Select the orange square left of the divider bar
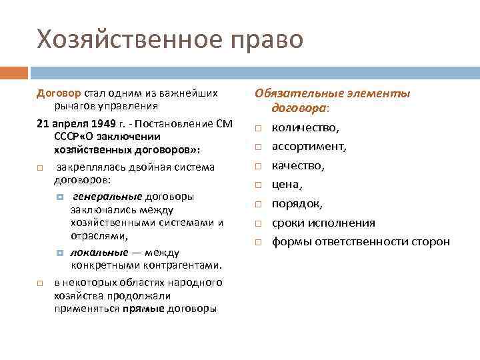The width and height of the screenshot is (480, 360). (x=13, y=72)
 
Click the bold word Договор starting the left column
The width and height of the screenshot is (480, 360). (x=59, y=93)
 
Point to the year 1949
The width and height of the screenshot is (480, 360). (x=98, y=124)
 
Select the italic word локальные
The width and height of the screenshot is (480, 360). (x=101, y=253)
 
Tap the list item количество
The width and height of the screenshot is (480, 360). (x=305, y=127)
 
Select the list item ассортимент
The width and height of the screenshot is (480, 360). (x=309, y=146)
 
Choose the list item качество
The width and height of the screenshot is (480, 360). (x=298, y=165)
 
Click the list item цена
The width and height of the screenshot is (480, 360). (x=287, y=185)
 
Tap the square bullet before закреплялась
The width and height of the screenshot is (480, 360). (x=40, y=167)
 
